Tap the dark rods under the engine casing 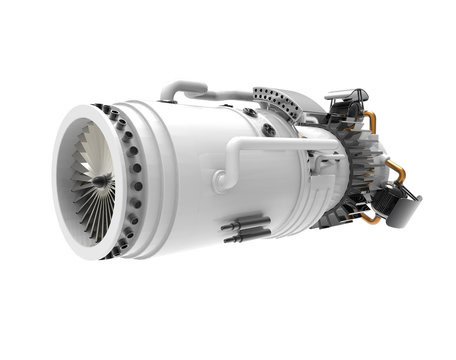tap(246, 229)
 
